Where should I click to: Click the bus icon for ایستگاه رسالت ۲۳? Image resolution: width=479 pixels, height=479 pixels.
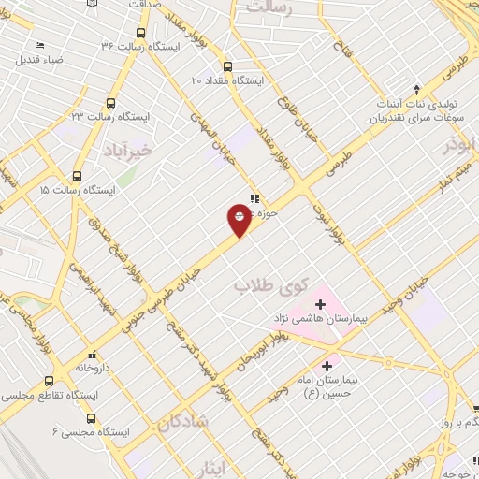[111, 103]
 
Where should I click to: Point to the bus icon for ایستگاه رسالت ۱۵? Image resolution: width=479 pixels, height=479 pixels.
[77, 175]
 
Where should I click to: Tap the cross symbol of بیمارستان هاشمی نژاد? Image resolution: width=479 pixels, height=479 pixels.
[320, 304]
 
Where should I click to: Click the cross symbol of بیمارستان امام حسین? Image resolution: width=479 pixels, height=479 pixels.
[327, 366]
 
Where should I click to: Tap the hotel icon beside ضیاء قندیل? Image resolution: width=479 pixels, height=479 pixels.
[39, 45]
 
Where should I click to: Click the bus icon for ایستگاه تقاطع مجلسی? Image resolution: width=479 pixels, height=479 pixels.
[50, 382]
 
